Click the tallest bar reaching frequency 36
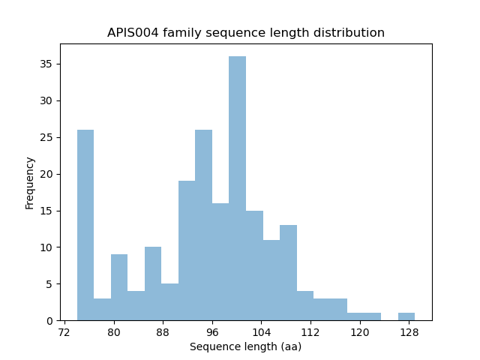[237, 188]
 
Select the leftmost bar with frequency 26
[85, 225]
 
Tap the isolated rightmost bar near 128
[406, 316]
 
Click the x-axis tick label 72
[64, 332]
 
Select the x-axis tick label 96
[212, 332]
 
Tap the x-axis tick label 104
[261, 332]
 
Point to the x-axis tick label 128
[409, 332]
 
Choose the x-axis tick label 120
[359, 332]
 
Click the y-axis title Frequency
[30, 182]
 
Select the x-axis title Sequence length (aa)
[245, 346]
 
